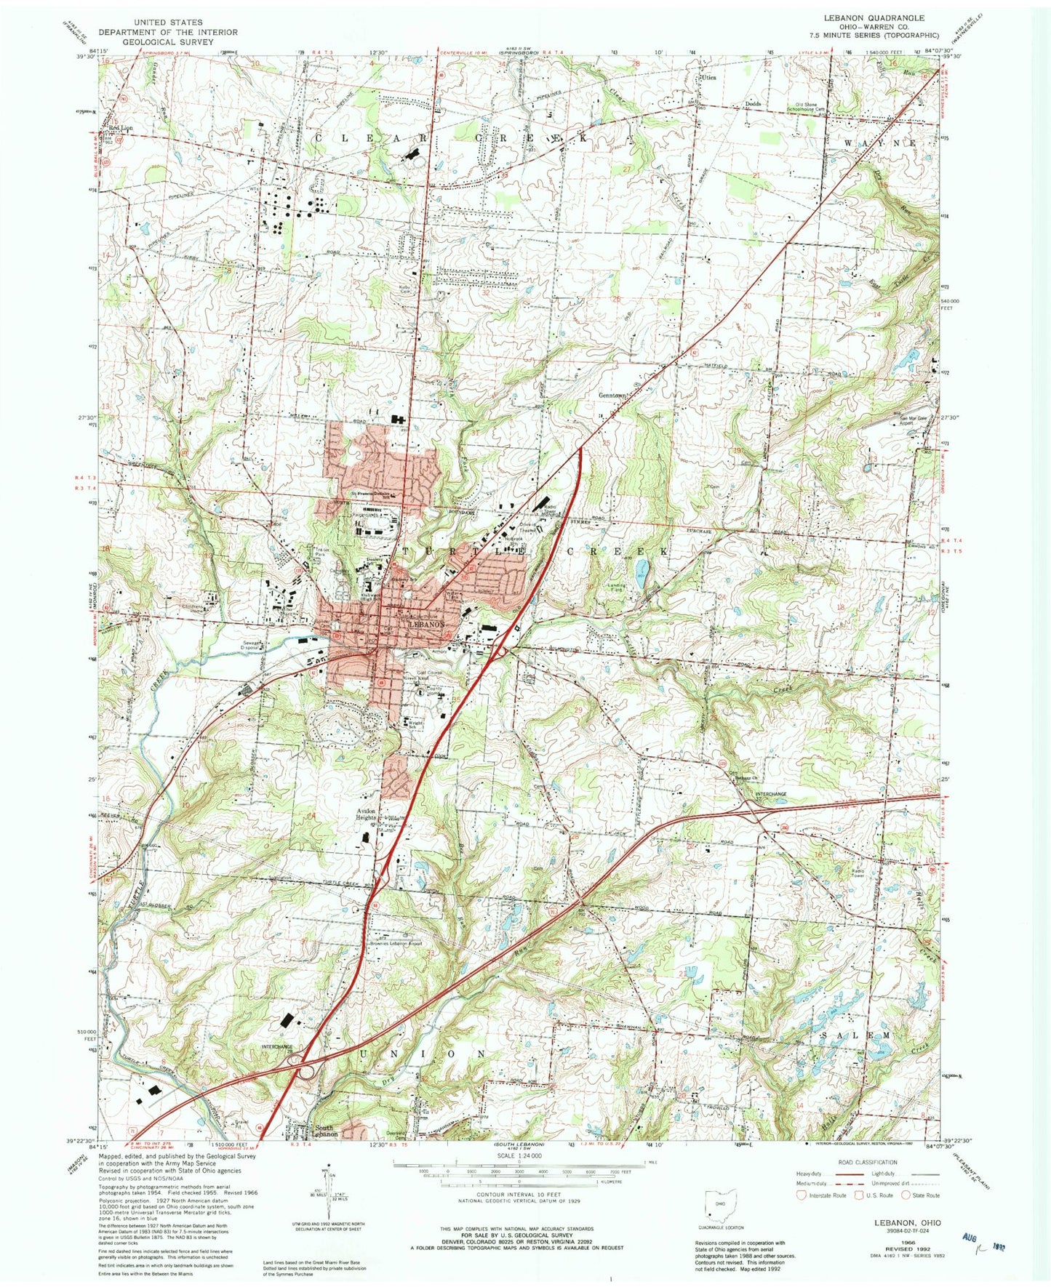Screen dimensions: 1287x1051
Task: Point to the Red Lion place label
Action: (121, 129)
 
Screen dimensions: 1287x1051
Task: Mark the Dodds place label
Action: (752, 104)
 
